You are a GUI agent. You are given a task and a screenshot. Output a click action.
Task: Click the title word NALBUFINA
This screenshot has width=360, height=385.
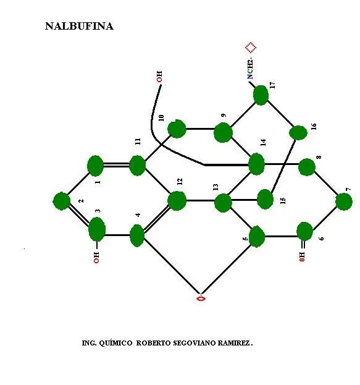pyautogui.click(x=79, y=27)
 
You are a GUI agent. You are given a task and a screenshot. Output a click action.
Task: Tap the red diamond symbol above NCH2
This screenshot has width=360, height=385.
pyautogui.click(x=251, y=48)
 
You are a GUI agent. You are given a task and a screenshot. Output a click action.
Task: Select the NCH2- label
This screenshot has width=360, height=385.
pyautogui.click(x=250, y=69)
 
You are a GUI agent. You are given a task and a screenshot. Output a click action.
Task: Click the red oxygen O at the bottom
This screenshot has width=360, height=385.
pyautogui.click(x=201, y=298)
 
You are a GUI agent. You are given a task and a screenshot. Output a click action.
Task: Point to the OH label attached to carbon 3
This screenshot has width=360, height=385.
pyautogui.click(x=96, y=257)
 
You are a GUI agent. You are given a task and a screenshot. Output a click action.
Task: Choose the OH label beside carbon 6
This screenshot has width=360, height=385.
pyautogui.click(x=302, y=256)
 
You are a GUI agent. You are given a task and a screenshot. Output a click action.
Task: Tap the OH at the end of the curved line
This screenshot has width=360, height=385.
pyautogui.click(x=159, y=77)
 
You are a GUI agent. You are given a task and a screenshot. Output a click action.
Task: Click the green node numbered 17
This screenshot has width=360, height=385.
pyautogui.click(x=261, y=95)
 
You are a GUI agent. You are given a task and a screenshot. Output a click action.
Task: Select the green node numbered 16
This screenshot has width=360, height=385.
pyautogui.click(x=298, y=133)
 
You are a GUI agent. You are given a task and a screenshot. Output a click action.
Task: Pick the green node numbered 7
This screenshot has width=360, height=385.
pyautogui.click(x=344, y=202)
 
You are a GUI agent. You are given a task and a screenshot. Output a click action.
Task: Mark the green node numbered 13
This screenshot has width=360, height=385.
pyautogui.click(x=223, y=203)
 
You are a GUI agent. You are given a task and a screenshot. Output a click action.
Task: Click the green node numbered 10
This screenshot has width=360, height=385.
pyautogui.click(x=177, y=129)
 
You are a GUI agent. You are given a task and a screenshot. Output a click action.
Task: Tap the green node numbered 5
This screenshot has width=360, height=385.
pyautogui.click(x=257, y=237)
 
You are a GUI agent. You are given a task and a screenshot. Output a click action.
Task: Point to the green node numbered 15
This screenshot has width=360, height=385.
pyautogui.click(x=265, y=199)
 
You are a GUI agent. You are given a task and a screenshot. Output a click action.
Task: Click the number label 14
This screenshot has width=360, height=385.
pyautogui.click(x=263, y=142)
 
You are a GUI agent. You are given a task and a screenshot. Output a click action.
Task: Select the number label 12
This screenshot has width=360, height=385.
pyautogui.click(x=180, y=182)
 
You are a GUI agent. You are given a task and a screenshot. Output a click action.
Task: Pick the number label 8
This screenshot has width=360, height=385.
pyautogui.click(x=319, y=157)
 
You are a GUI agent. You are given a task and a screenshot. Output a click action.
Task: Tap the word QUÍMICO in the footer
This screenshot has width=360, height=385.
pyautogui.click(x=115, y=343)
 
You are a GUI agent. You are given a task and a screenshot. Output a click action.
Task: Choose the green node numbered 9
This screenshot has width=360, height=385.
pyautogui.click(x=223, y=133)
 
